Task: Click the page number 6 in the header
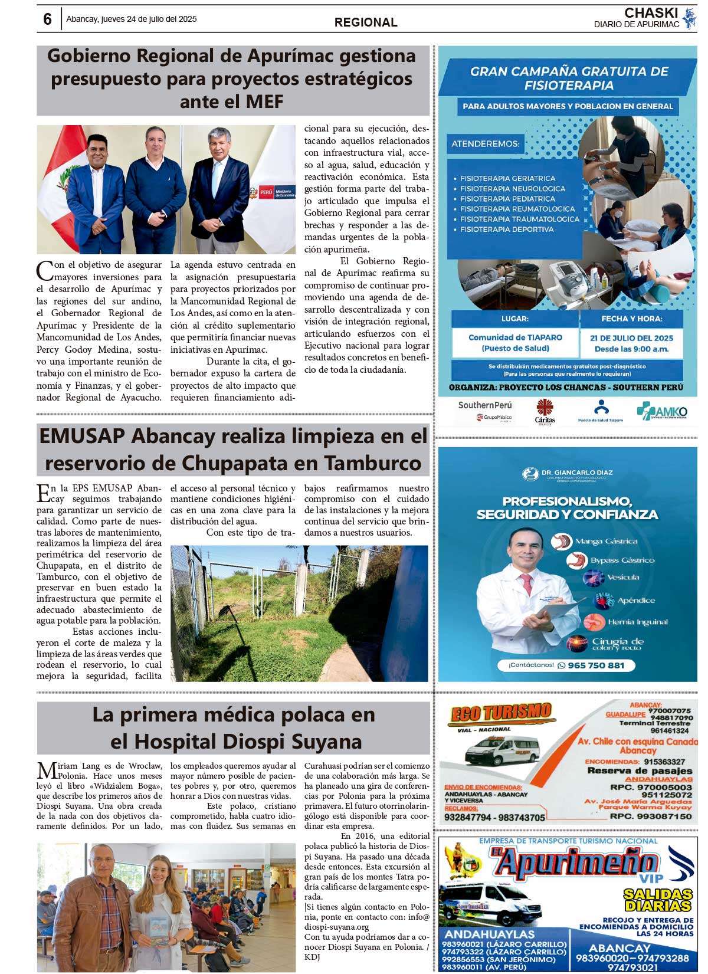[47, 19]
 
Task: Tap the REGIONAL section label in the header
[366, 22]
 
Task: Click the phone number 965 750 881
[595, 665]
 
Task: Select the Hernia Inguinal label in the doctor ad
[637, 622]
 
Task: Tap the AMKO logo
[662, 411]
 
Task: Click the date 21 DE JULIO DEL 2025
[631, 338]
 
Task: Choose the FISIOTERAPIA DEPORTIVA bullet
[507, 229]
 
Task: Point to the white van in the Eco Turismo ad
[501, 750]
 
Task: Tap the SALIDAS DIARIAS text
[658, 900]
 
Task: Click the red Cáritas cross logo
[545, 408]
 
